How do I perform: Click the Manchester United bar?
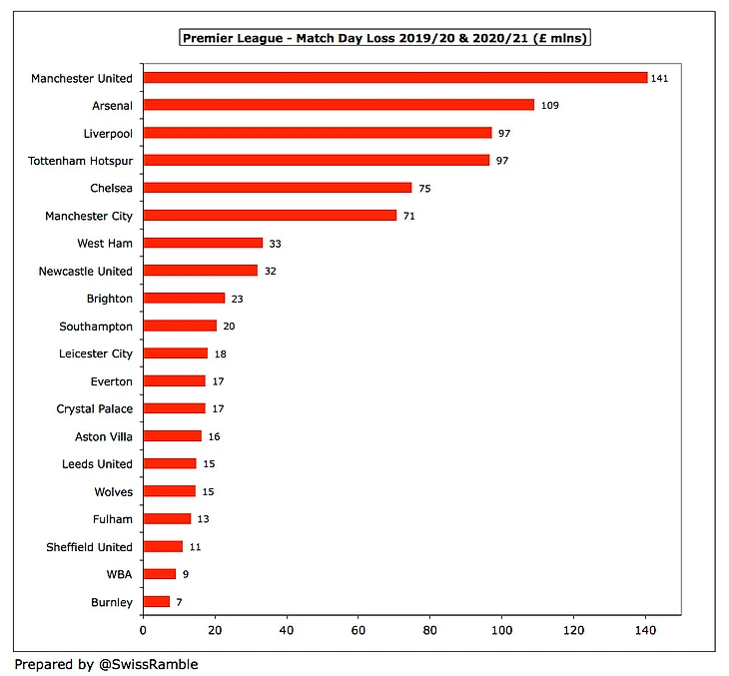click(394, 78)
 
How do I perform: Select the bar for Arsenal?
click(339, 105)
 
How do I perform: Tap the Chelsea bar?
click(277, 188)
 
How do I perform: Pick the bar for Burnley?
click(156, 602)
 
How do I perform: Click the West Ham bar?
click(203, 243)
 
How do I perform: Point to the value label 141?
click(659, 78)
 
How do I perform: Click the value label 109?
click(549, 105)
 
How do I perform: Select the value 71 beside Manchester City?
click(409, 216)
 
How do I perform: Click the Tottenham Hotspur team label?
click(89, 160)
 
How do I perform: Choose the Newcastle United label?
click(85, 271)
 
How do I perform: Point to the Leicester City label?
click(96, 353)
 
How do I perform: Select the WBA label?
click(119, 574)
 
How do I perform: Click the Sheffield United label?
click(89, 547)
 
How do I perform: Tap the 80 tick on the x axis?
click(429, 631)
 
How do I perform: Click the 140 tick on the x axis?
click(645, 631)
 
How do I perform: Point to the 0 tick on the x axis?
click(143, 631)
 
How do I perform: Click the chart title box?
click(384, 38)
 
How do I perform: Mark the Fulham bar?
click(167, 519)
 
